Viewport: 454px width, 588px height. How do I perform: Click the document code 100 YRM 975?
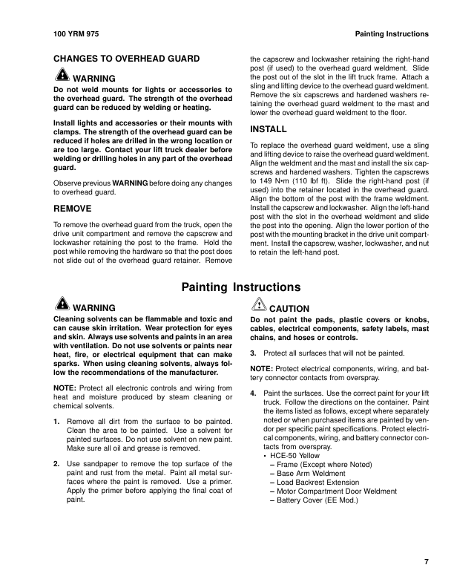pos(77,34)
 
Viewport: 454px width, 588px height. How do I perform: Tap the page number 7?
pos(426,561)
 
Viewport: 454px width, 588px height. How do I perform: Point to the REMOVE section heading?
pos(73,209)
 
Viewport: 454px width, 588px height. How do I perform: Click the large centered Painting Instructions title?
pos(241,287)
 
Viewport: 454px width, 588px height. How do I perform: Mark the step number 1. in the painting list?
pos(57,422)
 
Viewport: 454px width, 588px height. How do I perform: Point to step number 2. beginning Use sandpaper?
pos(57,463)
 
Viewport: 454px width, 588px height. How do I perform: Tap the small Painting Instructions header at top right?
pos(392,34)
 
